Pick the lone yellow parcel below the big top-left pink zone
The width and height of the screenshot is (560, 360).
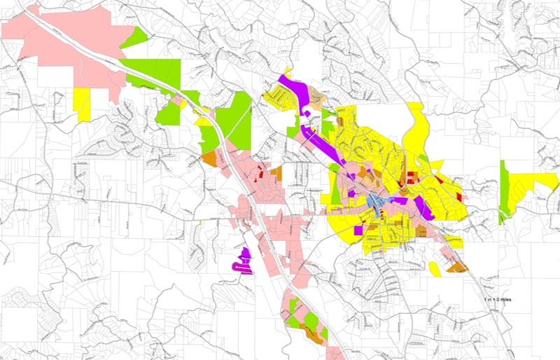point(83,104)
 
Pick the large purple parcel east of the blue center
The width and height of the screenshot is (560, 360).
point(423,208)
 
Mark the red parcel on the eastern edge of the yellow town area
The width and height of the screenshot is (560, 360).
point(460,198)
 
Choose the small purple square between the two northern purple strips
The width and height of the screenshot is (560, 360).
point(307,113)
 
